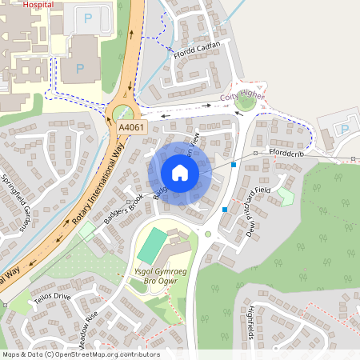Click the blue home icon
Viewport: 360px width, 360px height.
pos(180,172)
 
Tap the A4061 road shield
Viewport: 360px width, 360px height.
pos(133,128)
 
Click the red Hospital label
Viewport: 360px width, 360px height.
pos(39,4)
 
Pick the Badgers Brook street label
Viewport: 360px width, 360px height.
pos(124,208)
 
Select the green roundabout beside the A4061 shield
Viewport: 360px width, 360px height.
pos(123,114)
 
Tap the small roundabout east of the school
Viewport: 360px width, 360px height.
pos(209,235)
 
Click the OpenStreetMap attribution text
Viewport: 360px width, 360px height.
pos(80,354)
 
